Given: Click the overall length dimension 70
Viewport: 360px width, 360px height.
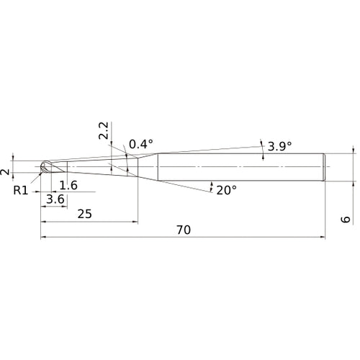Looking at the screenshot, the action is click(184, 230).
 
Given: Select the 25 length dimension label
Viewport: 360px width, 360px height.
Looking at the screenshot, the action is click(84, 214).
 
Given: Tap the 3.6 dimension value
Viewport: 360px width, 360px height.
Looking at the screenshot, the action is click(55, 199).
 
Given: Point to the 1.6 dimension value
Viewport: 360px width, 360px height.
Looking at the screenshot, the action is click(68, 186).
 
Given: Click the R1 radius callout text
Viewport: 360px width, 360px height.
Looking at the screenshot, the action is click(21, 191).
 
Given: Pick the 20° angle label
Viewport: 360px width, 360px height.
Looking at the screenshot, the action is click(227, 190).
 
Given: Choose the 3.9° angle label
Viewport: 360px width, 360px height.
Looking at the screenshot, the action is click(280, 146).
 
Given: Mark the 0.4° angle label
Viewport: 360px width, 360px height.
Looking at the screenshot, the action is click(141, 144).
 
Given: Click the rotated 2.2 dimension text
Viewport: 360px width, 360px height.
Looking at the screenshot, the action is click(104, 131).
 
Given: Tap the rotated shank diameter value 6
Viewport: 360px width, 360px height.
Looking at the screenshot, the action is click(346, 219).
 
